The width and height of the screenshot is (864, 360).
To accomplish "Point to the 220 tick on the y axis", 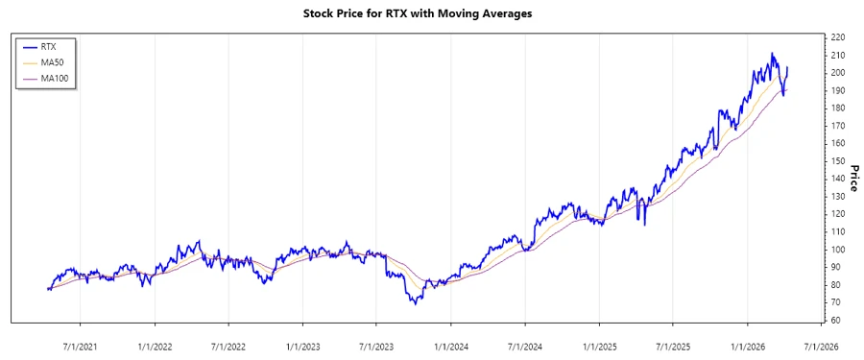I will [x=838, y=37].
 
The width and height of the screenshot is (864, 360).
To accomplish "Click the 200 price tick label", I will [x=838, y=73].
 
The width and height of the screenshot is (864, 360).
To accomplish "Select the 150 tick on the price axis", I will [x=838, y=161].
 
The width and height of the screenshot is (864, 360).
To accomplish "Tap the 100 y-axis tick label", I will [x=838, y=250].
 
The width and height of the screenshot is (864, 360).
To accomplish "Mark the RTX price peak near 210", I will [x=773, y=54].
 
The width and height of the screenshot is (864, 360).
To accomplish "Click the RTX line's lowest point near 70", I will [x=414, y=303].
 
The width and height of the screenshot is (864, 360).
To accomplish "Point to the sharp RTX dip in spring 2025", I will [x=644, y=225].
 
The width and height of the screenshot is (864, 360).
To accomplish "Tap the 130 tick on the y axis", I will [x=838, y=197].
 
